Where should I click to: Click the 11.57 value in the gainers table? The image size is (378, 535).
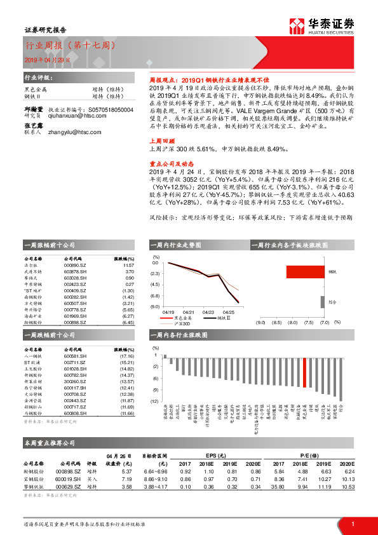[128, 267]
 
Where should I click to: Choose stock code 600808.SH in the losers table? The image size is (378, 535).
[75, 414]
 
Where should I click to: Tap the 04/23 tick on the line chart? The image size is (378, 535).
[208, 313]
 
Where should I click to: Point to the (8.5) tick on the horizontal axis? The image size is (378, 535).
[276, 322]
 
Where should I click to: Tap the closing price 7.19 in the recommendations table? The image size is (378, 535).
[126, 478]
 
